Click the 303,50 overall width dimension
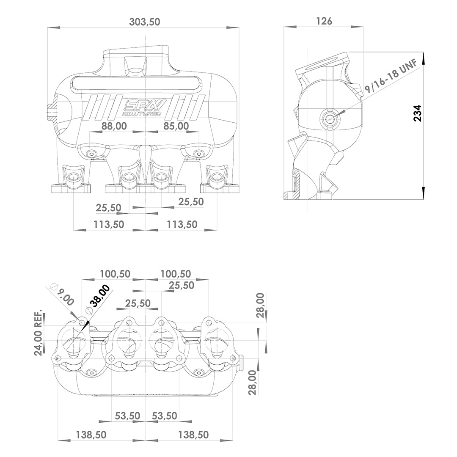[144, 22]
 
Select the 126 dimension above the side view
[324, 21]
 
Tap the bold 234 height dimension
[417, 113]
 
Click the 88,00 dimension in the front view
[114, 126]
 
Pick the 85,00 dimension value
[176, 126]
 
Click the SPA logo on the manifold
[145, 105]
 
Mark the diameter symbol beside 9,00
[54, 286]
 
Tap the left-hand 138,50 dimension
[91, 434]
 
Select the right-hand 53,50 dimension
[164, 416]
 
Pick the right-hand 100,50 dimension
[175, 274]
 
